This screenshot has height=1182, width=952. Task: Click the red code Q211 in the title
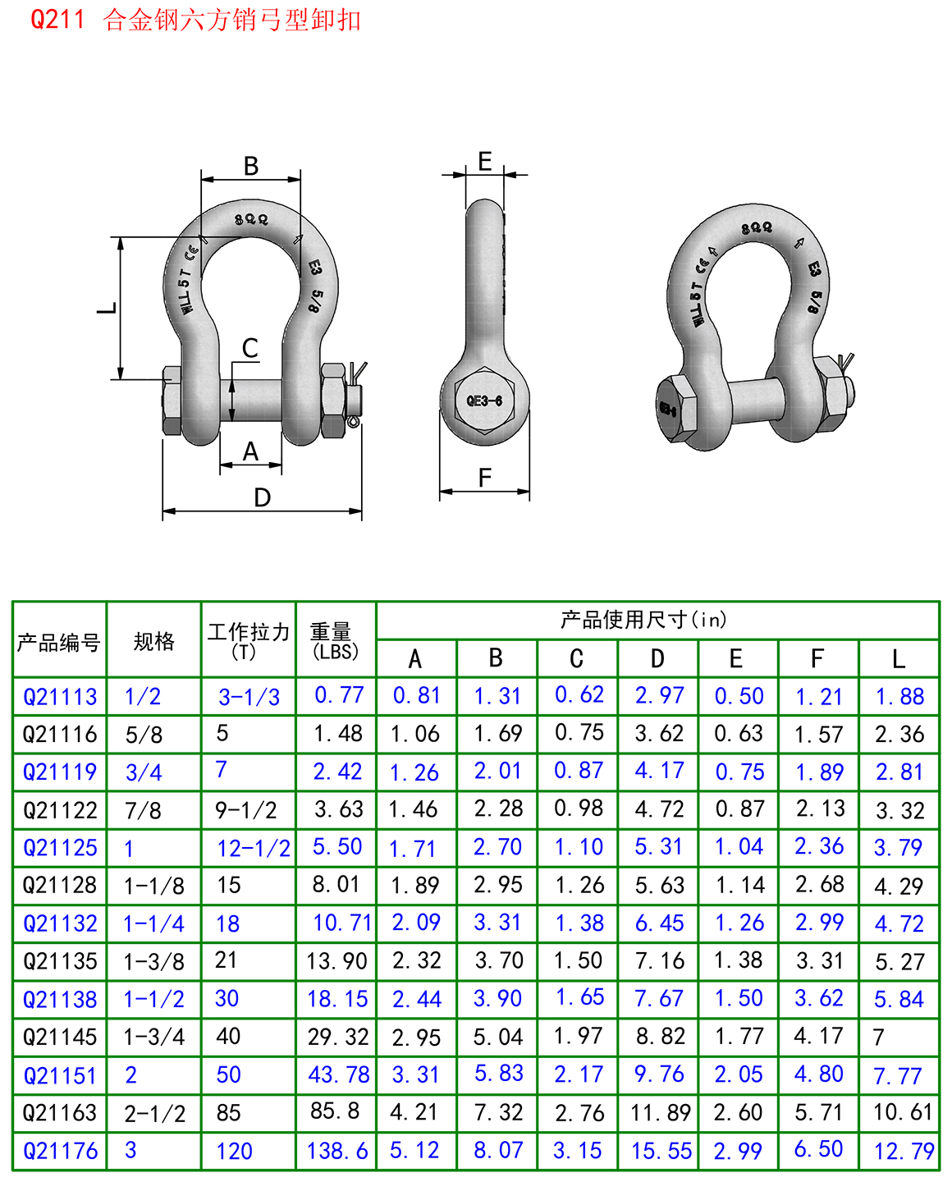57,19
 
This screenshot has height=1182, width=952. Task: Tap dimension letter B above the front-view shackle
251,167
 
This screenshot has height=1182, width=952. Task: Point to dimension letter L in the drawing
108,309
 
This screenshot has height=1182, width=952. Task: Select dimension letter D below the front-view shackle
262,497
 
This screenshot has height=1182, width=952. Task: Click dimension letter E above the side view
485,162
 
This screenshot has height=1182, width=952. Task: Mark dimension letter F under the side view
485,478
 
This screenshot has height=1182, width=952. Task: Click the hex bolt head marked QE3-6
484,401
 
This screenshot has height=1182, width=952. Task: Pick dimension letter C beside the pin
250,349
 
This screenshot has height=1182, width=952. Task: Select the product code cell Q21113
60,697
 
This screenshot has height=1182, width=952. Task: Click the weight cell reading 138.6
337,1151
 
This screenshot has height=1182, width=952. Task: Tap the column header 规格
153,641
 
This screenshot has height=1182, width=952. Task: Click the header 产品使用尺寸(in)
643,620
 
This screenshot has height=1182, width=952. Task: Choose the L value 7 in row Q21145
879,1038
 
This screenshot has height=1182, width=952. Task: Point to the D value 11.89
661,1113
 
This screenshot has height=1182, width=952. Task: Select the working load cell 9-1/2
245,811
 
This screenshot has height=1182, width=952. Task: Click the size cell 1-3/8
153,961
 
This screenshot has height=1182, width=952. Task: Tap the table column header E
736,659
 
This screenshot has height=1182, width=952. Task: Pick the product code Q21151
60,1075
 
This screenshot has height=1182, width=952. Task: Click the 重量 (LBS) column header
336,640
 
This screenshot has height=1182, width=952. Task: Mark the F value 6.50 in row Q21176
818,1149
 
